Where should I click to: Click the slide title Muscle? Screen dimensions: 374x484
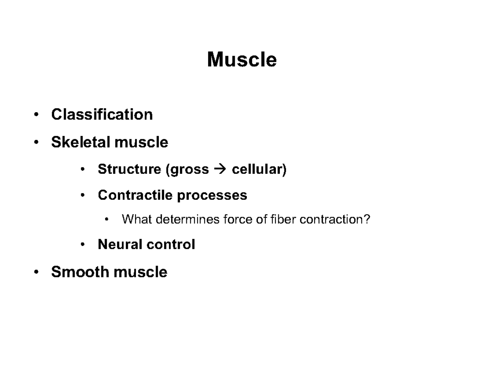(x=242, y=60)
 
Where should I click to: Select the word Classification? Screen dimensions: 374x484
(x=102, y=115)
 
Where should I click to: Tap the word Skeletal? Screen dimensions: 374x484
(x=81, y=142)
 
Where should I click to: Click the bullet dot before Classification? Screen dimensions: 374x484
(x=37, y=115)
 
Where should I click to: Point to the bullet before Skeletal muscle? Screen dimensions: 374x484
(x=37, y=142)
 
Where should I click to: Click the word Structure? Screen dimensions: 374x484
(x=129, y=169)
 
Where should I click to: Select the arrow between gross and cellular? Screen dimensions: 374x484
(x=220, y=169)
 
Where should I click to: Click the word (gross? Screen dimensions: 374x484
(x=187, y=170)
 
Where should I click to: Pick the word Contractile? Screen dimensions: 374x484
(x=136, y=195)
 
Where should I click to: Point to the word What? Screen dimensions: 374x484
(x=136, y=219)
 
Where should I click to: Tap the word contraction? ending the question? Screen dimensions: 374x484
(x=335, y=219)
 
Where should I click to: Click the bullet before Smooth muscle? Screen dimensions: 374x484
(x=37, y=272)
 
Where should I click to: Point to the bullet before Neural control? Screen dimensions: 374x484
(x=83, y=245)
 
